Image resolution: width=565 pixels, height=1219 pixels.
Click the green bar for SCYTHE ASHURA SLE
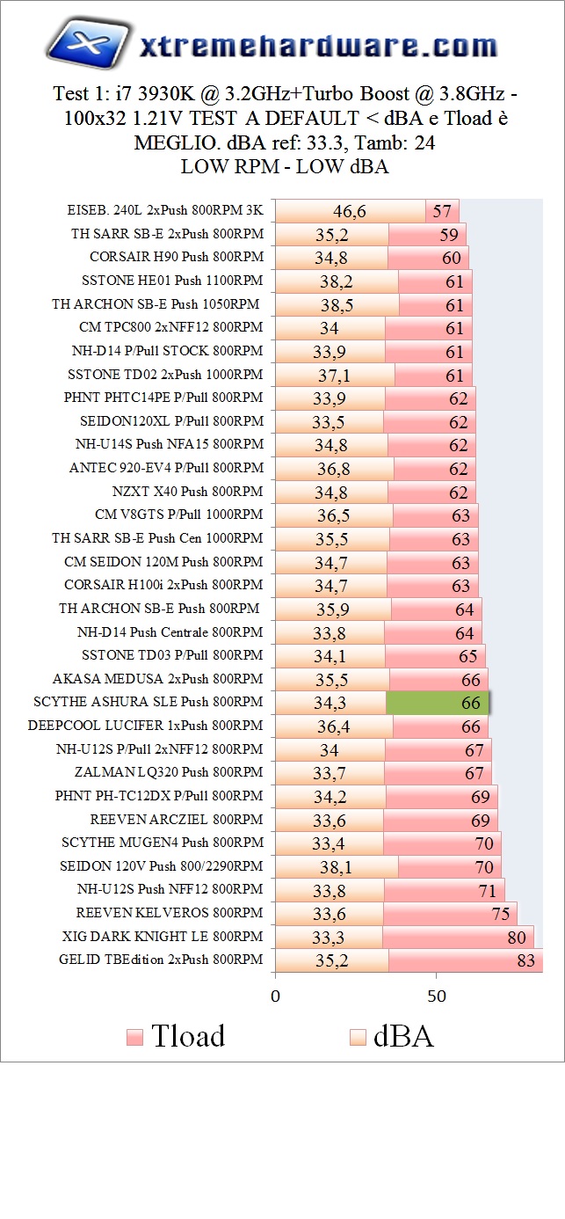(438, 703)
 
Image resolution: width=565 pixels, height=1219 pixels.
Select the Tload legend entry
(176, 1035)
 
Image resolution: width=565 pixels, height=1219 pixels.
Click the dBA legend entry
(392, 1035)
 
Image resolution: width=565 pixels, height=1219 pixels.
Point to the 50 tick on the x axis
(437, 996)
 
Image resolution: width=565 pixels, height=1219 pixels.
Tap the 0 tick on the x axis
(276, 996)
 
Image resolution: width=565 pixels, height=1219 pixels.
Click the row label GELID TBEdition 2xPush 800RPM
(161, 960)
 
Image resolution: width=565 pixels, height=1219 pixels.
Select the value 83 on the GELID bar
(525, 960)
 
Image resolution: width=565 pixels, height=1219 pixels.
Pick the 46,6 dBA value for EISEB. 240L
(350, 211)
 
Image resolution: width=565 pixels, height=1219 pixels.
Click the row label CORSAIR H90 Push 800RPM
(176, 258)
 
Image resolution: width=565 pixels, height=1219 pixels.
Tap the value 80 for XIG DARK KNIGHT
(517, 938)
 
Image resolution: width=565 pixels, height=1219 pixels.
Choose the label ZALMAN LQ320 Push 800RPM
(169, 772)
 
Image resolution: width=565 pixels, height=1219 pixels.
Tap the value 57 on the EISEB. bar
(442, 211)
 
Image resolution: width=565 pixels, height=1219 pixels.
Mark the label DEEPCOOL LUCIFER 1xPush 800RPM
(145, 726)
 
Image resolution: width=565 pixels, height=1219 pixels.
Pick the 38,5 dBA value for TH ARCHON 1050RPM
(337, 305)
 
